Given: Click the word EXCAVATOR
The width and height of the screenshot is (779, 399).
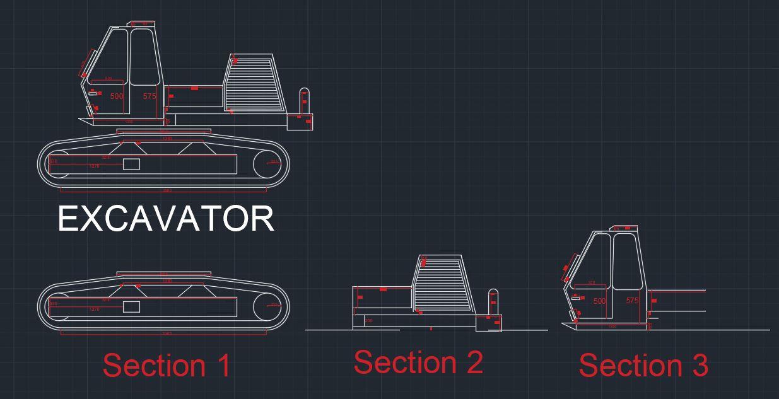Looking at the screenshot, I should (x=166, y=219).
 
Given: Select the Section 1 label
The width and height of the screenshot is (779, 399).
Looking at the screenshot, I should (x=167, y=366).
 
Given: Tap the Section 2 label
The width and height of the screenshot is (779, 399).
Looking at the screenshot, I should (x=418, y=362).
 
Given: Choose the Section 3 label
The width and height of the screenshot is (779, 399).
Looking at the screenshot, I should (x=643, y=366).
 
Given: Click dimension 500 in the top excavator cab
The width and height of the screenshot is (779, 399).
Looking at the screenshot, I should (x=117, y=96).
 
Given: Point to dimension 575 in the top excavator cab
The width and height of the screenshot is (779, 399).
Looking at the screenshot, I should (x=149, y=96).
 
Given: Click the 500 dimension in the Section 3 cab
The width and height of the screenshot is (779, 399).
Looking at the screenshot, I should (x=599, y=301).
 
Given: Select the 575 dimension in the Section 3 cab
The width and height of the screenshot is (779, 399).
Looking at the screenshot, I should (x=633, y=301).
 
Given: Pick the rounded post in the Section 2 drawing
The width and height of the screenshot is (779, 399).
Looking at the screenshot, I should (x=494, y=302).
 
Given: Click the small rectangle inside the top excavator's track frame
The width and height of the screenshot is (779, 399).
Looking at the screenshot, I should (x=131, y=164).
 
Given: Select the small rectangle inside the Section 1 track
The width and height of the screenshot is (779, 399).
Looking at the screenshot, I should (x=131, y=306).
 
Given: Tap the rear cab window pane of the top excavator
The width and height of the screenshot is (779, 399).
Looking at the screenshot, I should (x=144, y=57).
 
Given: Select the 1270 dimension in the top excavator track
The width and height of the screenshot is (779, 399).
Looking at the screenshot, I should (x=95, y=166).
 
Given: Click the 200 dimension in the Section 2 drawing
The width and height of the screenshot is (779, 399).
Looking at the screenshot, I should (x=369, y=321).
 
